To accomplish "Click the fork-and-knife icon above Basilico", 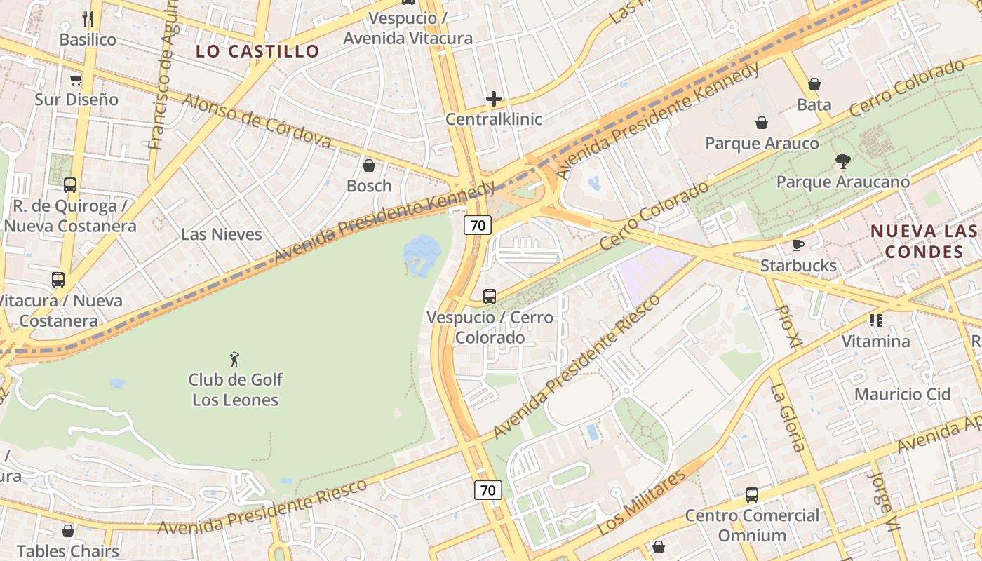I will coord(88,18).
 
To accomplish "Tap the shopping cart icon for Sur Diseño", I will coord(76,79).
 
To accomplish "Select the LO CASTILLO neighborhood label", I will coord(257,51).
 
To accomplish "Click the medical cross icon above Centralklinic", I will coord(494,99).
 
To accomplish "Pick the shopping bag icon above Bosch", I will coord(369,165).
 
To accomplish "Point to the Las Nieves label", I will coord(221,234).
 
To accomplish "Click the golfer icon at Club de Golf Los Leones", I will coord(235,360).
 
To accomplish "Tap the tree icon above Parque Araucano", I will coord(842,161).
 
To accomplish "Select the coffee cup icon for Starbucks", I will coord(798,245).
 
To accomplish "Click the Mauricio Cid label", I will coord(902,394).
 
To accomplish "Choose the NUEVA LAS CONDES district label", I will coord(924,241).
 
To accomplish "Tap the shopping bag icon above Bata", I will coord(814,84).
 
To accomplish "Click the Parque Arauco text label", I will coord(762,144).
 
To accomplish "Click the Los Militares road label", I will coord(640,503).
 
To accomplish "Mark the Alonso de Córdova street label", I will coord(257,120).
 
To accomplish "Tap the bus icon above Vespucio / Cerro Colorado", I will coord(490,297).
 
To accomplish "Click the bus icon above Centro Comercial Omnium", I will coord(752,495).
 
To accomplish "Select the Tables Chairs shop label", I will coord(67,551).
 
